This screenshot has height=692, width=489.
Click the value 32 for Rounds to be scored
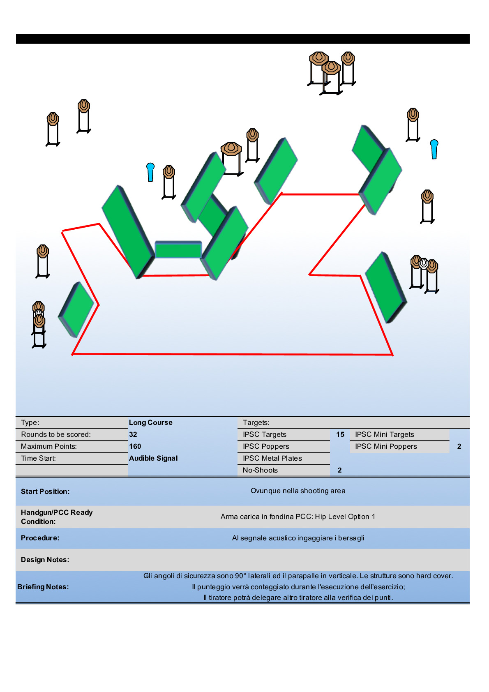(133, 434)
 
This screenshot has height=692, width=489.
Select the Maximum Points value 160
(135, 446)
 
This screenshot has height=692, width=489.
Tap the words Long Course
(151, 422)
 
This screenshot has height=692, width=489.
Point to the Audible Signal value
(153, 458)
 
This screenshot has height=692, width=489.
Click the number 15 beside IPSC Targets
(340, 434)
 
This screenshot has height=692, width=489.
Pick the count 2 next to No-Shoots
(339, 470)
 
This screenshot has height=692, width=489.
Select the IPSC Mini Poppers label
(386, 446)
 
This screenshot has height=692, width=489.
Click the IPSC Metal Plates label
(272, 458)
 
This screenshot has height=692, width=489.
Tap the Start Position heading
(45, 491)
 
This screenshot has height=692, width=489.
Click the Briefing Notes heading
(43, 587)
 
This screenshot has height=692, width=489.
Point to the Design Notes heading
(45, 560)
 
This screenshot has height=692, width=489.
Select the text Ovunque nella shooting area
(298, 491)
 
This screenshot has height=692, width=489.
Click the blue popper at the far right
(434, 149)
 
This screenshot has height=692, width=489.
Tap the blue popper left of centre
(150, 172)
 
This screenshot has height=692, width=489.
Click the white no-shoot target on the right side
(424, 263)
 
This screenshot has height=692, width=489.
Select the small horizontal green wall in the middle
(178, 249)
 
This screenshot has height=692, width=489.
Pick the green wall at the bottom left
(76, 309)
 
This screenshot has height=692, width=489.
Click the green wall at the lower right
(386, 287)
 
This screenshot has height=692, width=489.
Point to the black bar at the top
(243, 39)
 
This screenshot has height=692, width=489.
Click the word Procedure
(40, 538)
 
